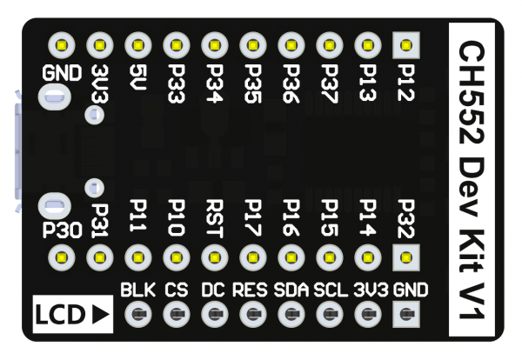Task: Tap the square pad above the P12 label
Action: [406, 43]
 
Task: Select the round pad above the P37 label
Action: [329, 43]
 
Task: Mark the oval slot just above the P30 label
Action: [54, 206]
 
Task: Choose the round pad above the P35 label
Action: [253, 43]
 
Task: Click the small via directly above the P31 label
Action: [96, 187]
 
